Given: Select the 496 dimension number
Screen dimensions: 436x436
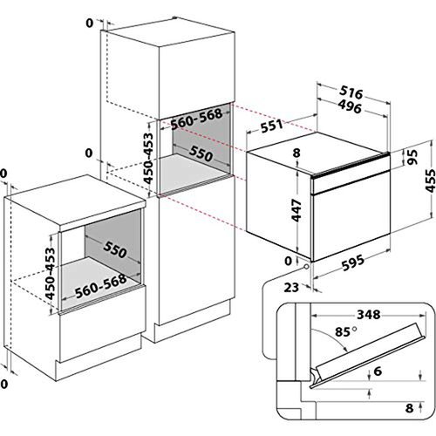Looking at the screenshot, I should pyautogui.click(x=350, y=108).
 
